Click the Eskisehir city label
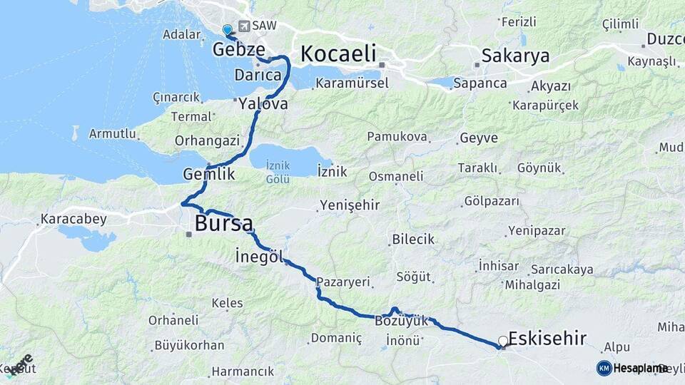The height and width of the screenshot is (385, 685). click(547, 337)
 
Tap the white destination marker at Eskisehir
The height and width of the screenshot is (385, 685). click(503, 342)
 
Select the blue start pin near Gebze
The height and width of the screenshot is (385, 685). click(227, 30)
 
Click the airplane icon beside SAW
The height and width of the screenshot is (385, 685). click(245, 26)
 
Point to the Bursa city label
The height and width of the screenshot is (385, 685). click(223, 223)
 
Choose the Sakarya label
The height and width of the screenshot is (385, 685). click(515, 56)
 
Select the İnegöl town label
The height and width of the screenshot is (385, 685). click(259, 256)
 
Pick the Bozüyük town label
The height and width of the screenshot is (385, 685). click(401, 322)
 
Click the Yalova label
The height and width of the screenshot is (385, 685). click(263, 104)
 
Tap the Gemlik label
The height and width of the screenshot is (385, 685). click(208, 173)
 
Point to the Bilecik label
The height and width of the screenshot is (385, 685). click(412, 239)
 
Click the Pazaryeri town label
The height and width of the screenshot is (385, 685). click(343, 282)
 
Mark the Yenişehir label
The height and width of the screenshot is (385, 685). click(349, 205)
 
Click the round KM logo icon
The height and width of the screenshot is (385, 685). click(604, 368)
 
